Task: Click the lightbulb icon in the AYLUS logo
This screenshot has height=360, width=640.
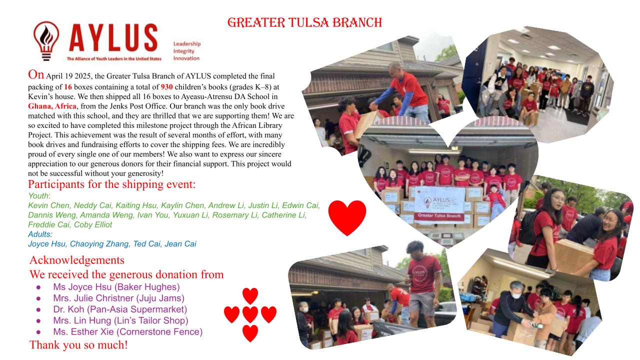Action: (46, 41)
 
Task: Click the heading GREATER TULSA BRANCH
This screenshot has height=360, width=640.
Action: (304, 22)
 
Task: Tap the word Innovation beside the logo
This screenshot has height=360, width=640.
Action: (186, 58)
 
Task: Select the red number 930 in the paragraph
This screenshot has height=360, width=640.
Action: (166, 87)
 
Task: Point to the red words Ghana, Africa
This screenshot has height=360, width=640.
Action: (52, 106)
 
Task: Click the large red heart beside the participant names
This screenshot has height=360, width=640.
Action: (347, 217)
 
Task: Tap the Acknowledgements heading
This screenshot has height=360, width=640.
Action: (77, 260)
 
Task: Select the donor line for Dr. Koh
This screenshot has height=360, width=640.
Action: (120, 309)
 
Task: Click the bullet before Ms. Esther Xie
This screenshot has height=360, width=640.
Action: (38, 332)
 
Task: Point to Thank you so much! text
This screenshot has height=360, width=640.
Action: (78, 345)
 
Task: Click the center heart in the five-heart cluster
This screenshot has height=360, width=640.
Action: (250, 314)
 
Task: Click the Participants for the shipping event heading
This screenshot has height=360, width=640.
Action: (111, 184)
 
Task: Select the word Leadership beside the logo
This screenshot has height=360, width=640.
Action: (187, 43)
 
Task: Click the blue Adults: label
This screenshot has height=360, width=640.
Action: (40, 234)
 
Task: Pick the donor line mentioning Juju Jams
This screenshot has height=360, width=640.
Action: (119, 298)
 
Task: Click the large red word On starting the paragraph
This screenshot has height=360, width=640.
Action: (36, 74)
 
